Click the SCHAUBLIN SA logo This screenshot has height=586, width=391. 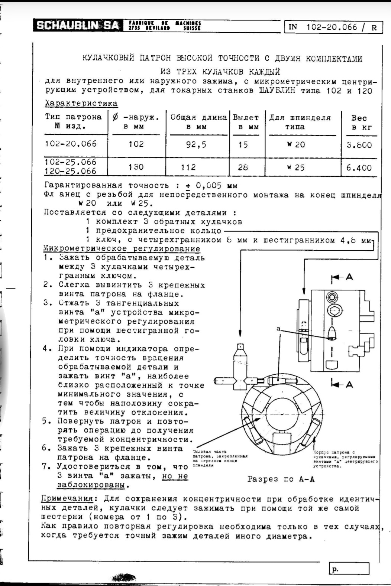[x=77, y=25]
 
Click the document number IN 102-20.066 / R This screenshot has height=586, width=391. [x=333, y=27]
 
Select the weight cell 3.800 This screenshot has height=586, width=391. [x=359, y=145]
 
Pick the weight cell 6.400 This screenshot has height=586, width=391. [x=359, y=167]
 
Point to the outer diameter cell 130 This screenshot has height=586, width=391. [x=136, y=167]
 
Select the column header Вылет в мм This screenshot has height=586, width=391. [x=246, y=122]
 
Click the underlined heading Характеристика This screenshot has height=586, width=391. [x=81, y=103]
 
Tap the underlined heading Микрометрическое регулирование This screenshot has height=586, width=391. [x=122, y=248]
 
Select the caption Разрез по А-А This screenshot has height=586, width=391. [x=281, y=479]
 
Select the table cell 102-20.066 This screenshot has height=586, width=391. [x=71, y=144]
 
